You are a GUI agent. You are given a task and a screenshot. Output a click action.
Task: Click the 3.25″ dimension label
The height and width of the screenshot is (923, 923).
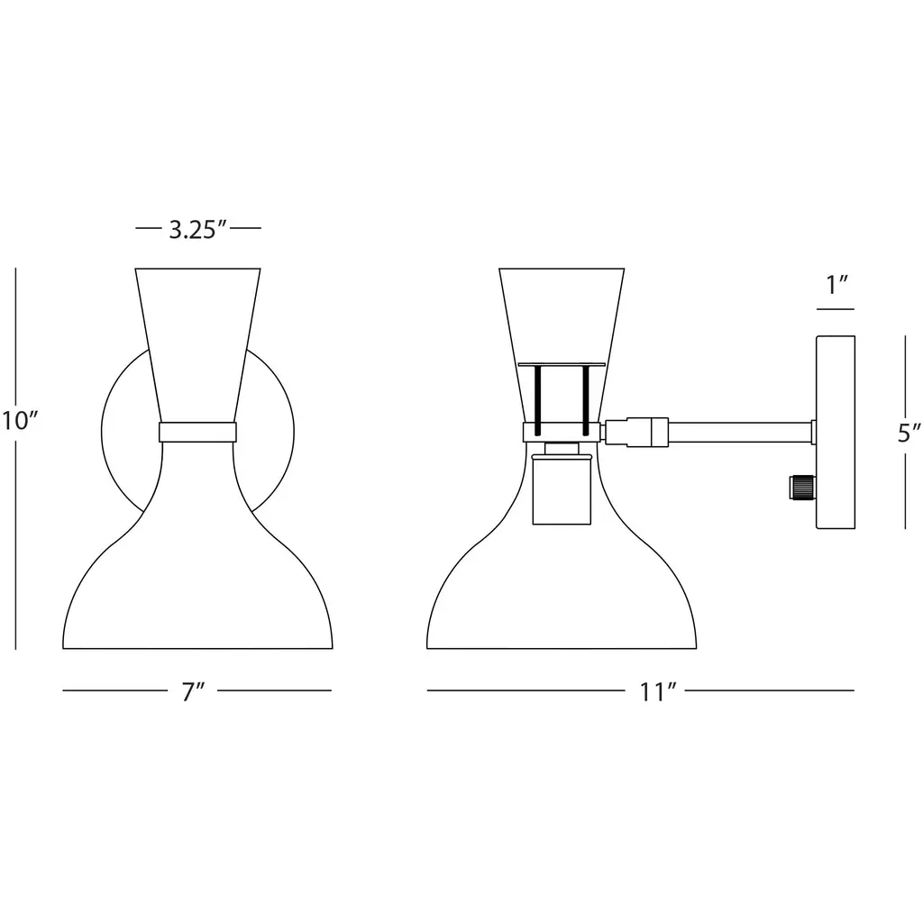click(197, 230)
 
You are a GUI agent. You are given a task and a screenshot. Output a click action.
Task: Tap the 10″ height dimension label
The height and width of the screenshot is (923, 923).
click(20, 421)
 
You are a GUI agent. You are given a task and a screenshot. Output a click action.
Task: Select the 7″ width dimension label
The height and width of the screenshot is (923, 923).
click(193, 691)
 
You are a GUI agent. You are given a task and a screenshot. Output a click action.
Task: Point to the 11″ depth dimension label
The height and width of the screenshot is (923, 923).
click(657, 691)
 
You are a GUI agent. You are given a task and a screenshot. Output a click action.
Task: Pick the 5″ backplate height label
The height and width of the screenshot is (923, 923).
click(909, 433)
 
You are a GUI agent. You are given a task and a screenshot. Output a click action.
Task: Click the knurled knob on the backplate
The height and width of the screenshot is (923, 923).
click(801, 488)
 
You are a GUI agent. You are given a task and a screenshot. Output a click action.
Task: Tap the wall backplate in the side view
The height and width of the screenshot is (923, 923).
click(836, 432)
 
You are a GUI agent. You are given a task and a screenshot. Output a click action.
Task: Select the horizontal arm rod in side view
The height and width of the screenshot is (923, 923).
click(740, 432)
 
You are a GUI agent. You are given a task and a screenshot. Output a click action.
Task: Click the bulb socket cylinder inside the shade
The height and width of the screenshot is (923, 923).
click(562, 489)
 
